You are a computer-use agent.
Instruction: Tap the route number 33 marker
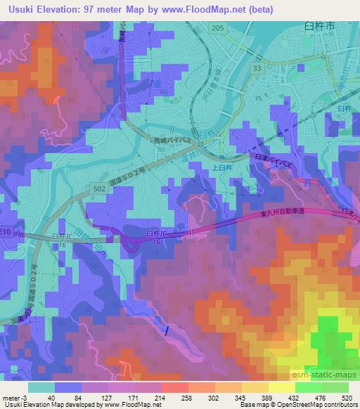tap(257, 67)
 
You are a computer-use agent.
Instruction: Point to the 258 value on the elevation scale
tap(174, 398)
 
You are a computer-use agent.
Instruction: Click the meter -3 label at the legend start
tap(13, 398)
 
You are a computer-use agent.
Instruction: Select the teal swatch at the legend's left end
tap(41, 387)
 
